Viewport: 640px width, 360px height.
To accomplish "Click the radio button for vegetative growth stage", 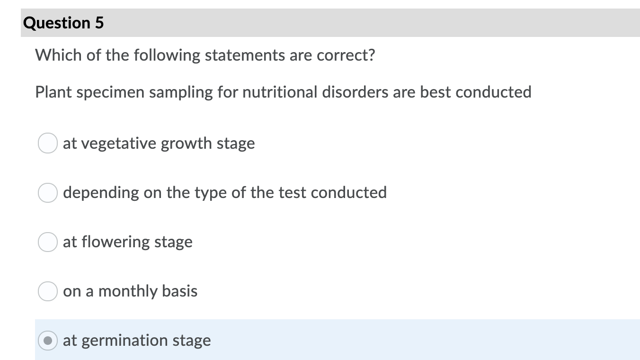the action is pos(48,143).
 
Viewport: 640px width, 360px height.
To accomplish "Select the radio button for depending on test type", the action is pos(48,193).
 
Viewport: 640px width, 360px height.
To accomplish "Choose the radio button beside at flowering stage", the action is pos(48,242).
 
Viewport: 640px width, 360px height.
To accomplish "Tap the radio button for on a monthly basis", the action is pos(48,291).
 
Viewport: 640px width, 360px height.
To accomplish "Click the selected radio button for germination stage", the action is pos(48,341).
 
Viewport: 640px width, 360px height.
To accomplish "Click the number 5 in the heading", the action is pos(99,23).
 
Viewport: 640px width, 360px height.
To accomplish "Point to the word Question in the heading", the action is pos(57,23).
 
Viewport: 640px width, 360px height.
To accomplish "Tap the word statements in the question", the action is pos(245,55).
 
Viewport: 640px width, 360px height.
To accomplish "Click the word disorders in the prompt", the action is pos(355,92).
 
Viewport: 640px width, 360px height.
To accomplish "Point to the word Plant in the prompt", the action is pos(53,92).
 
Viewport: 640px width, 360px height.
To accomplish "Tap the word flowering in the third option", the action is pos(116,242).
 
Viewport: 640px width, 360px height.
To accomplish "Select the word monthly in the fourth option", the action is pos(128,292).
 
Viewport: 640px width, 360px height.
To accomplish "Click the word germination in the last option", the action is pos(124,341).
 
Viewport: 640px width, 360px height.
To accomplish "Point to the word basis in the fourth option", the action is pos(180,291).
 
